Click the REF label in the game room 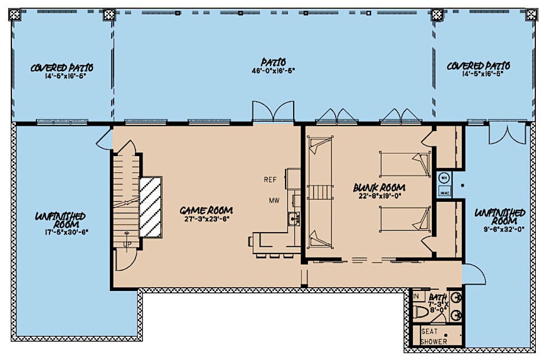click(x=271, y=179)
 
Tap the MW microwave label click(x=274, y=201)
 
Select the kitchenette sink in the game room click(x=293, y=219)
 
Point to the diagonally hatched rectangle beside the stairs click(x=151, y=207)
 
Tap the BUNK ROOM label click(x=379, y=188)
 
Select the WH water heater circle click(x=444, y=177)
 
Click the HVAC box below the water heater click(x=444, y=191)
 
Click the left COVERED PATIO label click(x=61, y=68)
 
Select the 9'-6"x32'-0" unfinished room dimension click(x=499, y=229)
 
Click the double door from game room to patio click(x=273, y=112)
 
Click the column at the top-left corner click(x=17, y=15)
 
